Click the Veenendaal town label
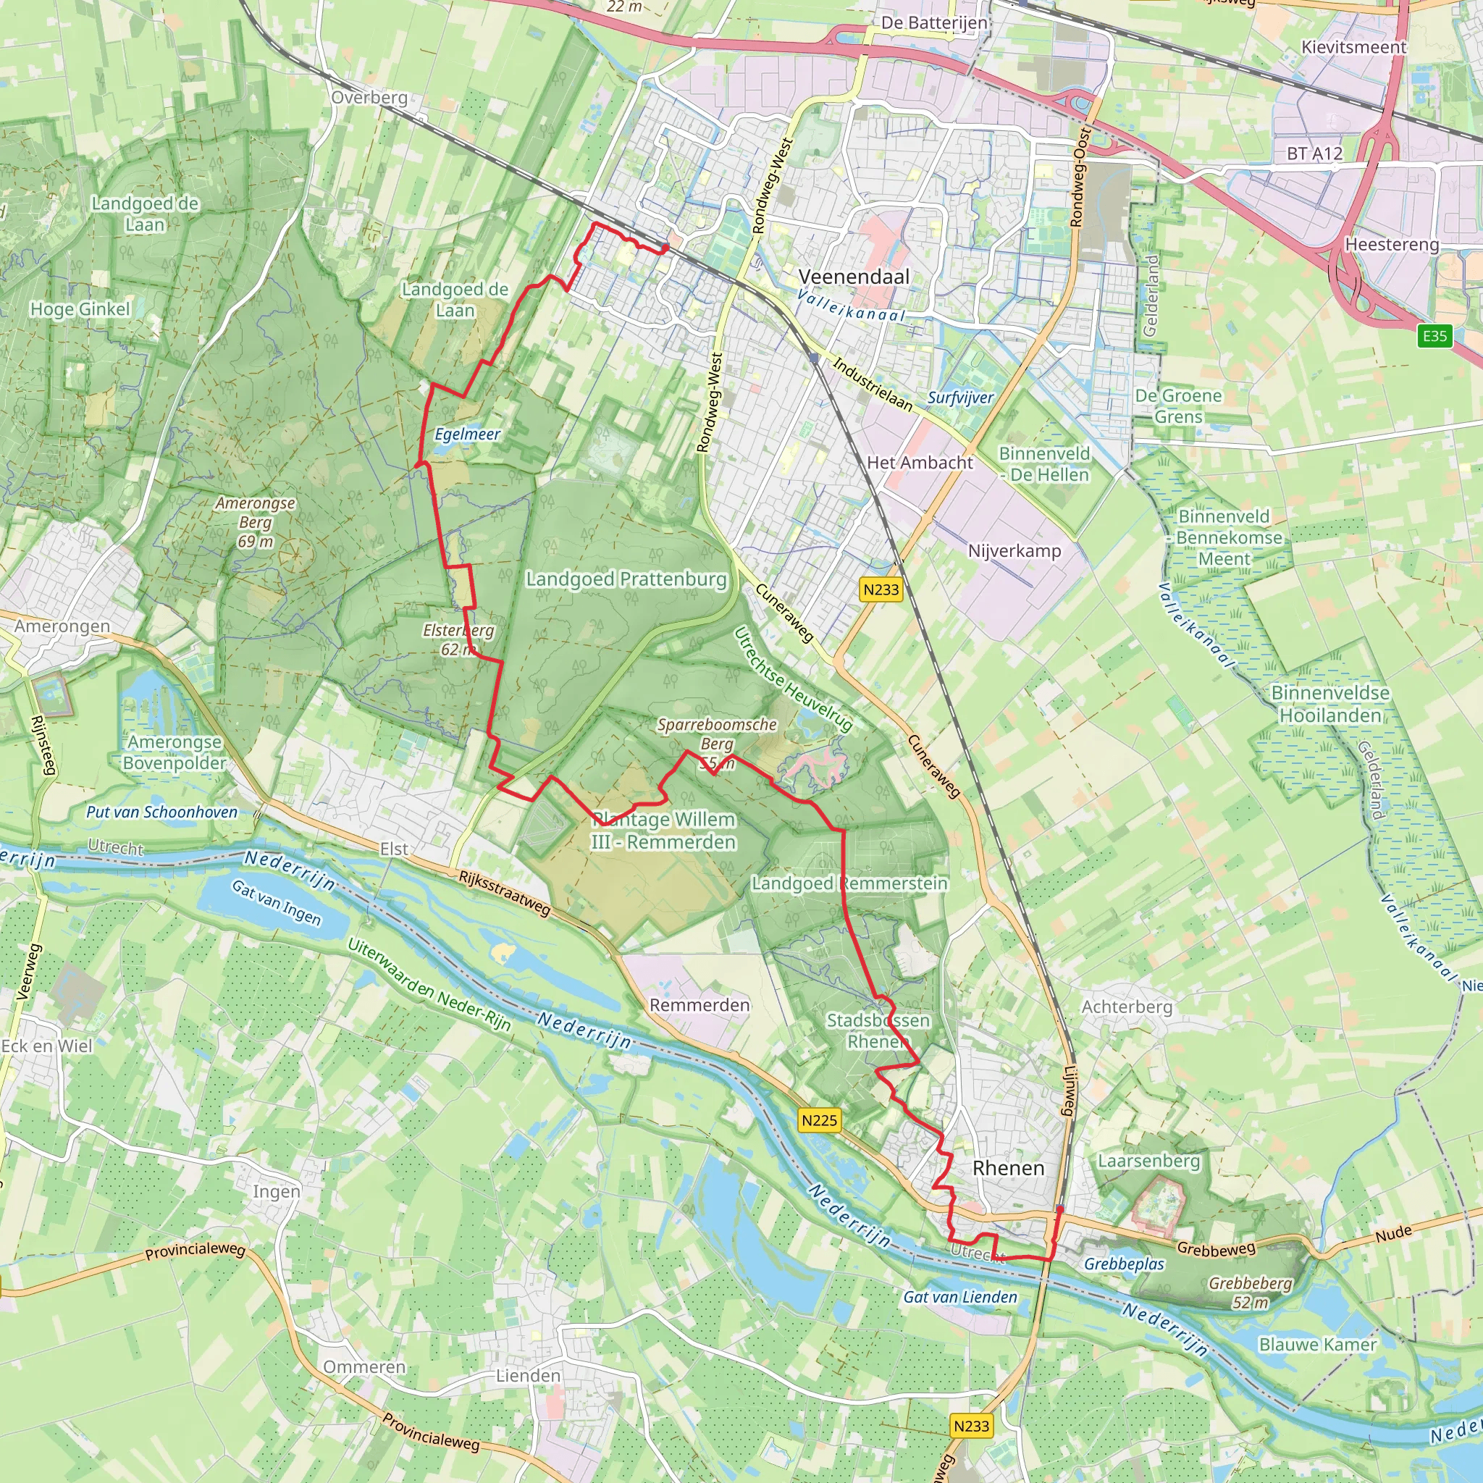[x=854, y=277]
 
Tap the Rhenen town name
[x=1008, y=1167]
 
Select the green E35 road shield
[x=1434, y=335]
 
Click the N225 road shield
[x=819, y=1120]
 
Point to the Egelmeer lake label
[x=467, y=434]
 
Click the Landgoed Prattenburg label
[x=626, y=579]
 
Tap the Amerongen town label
[x=62, y=626]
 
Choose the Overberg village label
[x=369, y=98]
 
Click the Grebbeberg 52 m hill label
[x=1251, y=1292]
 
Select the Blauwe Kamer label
[x=1317, y=1344]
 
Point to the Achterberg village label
[x=1127, y=1007]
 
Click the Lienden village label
[x=528, y=1376]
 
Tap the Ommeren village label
[x=364, y=1366]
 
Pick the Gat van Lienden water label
[x=959, y=1296]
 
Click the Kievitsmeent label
[x=1353, y=48]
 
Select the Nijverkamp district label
[x=1014, y=551]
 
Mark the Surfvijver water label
[x=959, y=398]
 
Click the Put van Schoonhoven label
[x=162, y=812]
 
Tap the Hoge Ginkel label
[x=80, y=309]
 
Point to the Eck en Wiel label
[x=46, y=1046]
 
